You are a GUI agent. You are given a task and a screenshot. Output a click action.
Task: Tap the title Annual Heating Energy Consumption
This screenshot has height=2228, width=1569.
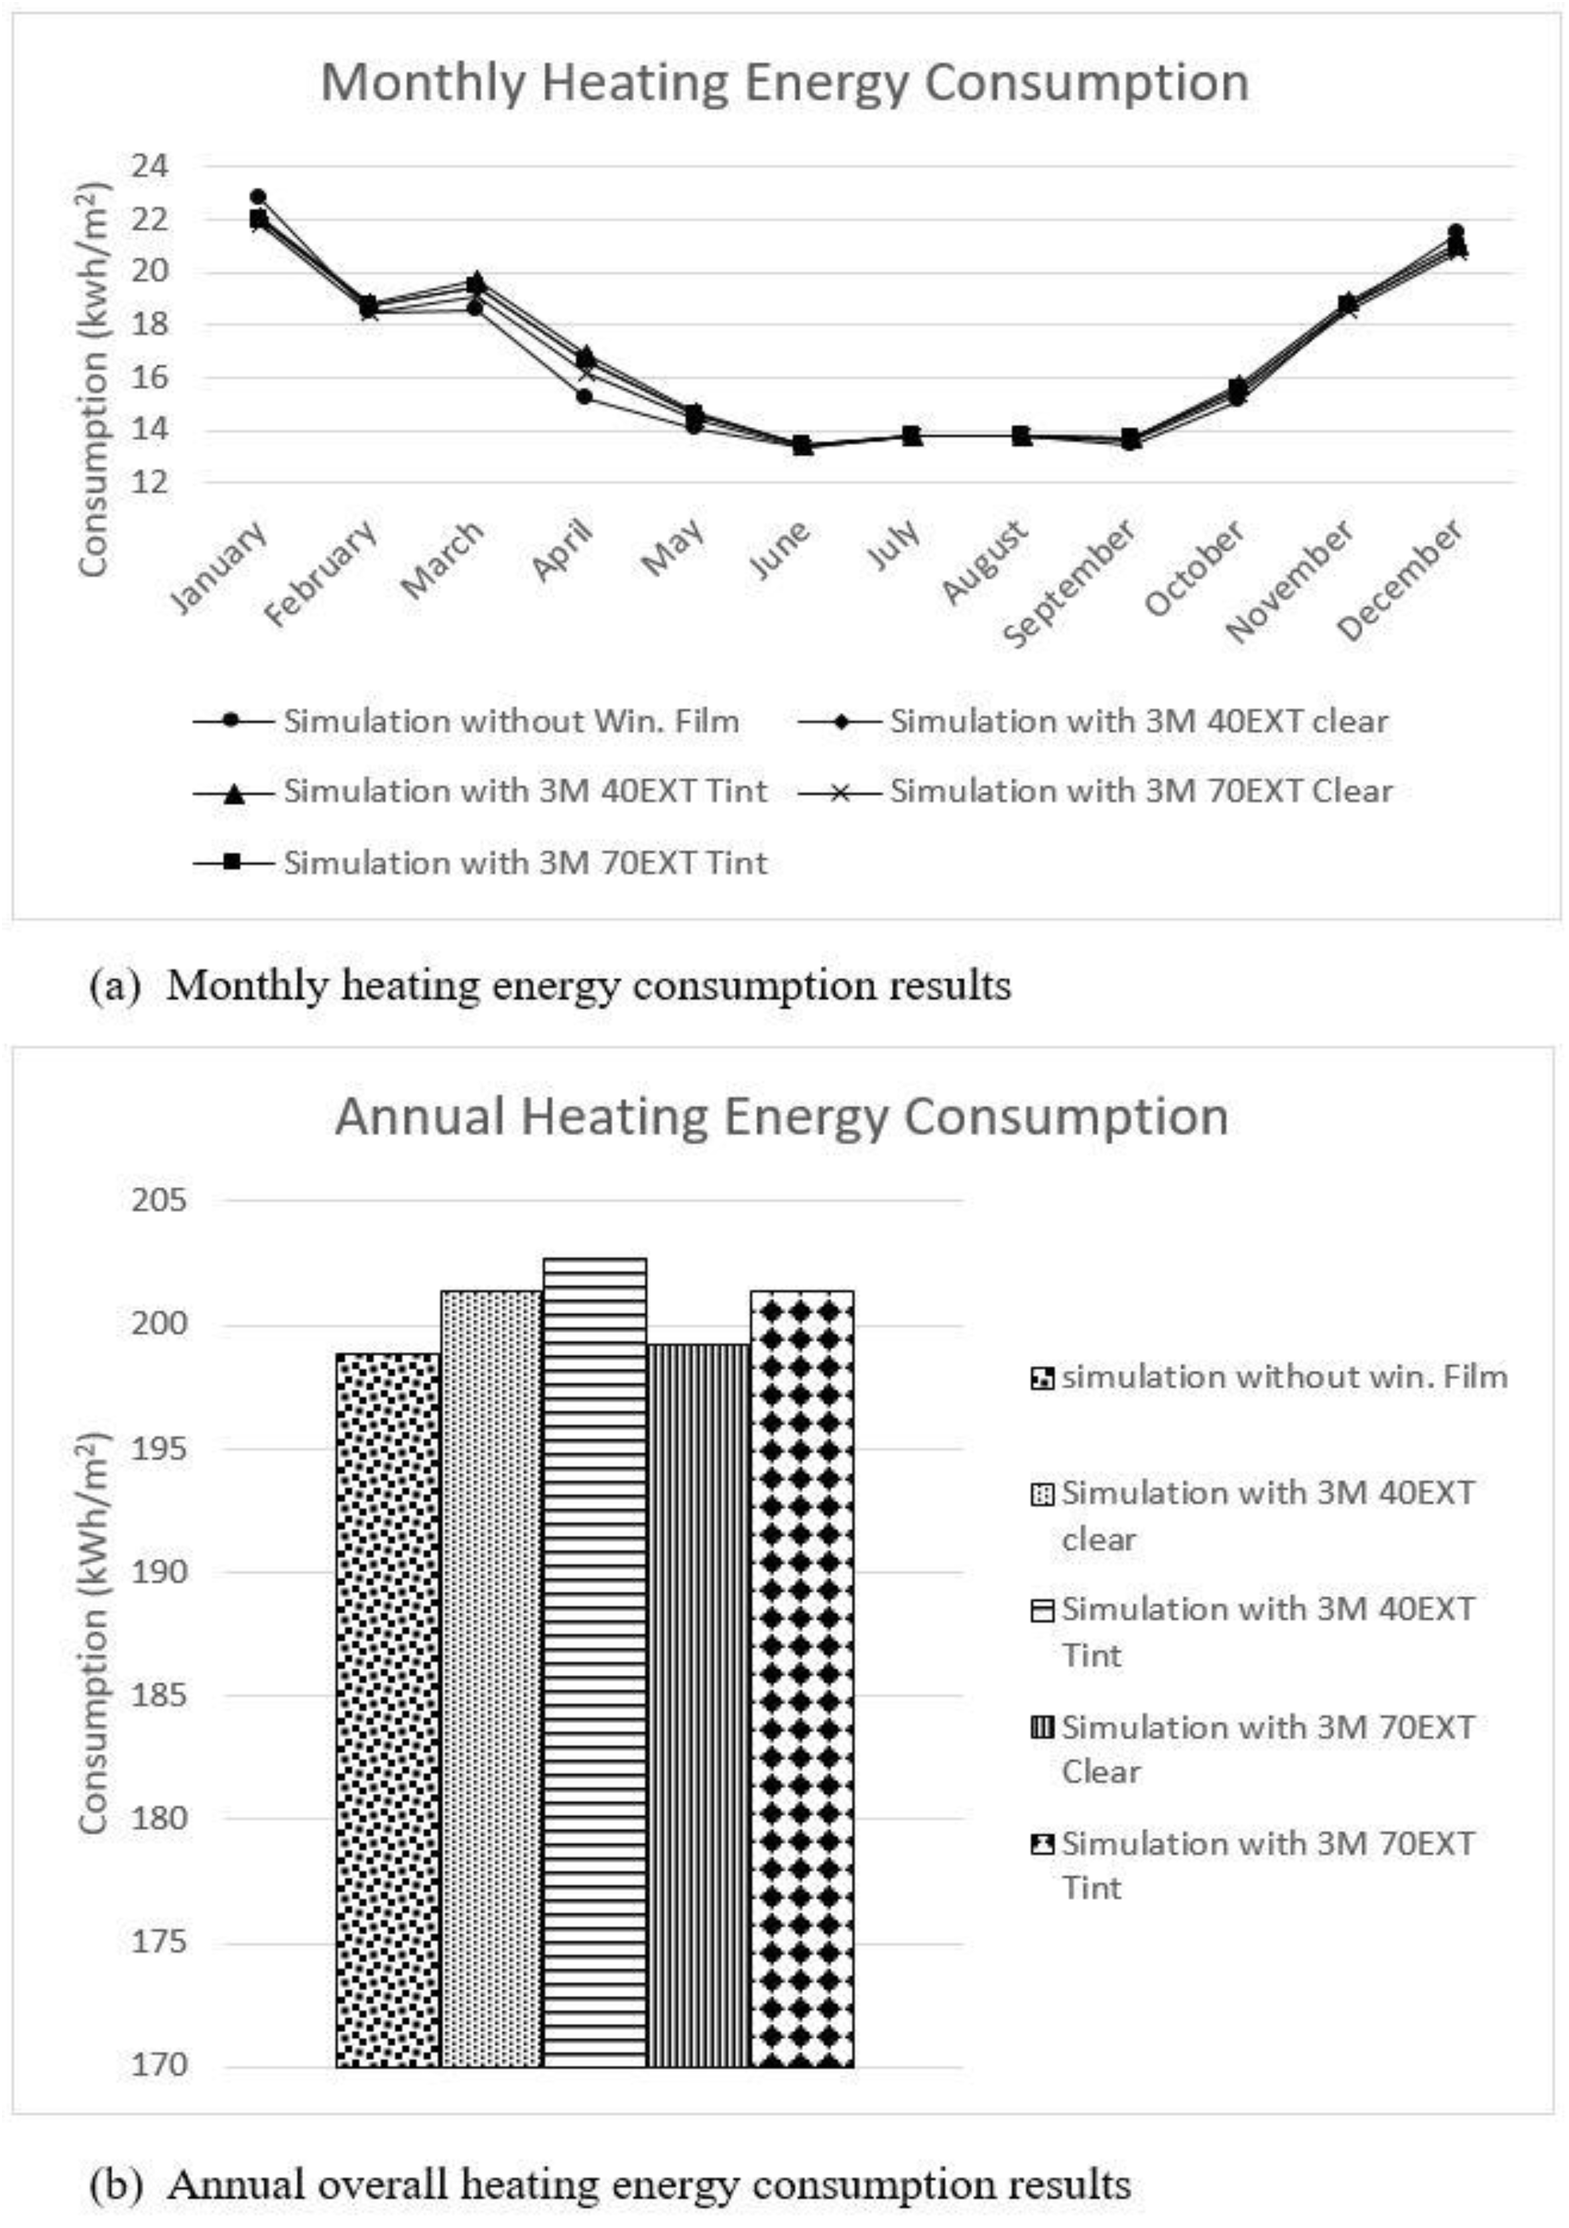[x=782, y=1117]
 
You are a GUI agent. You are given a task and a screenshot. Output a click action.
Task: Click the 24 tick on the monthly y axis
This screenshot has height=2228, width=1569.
[x=149, y=166]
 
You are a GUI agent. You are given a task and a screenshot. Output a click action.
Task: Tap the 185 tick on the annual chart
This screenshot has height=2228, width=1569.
[x=159, y=1696]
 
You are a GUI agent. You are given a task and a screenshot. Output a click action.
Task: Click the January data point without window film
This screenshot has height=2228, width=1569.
[x=258, y=197]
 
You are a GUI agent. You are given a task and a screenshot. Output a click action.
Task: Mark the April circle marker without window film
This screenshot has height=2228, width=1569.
[x=584, y=396]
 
